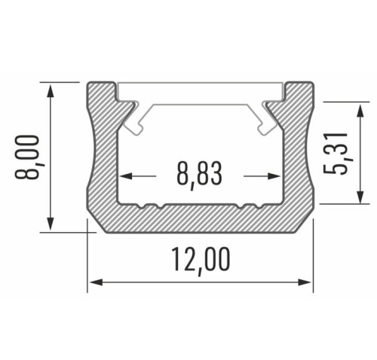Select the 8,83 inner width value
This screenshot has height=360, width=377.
click(200, 175)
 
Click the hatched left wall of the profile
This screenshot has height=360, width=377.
click(104, 158)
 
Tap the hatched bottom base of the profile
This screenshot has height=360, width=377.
click(200, 220)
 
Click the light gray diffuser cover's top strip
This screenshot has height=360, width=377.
click(200, 91)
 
